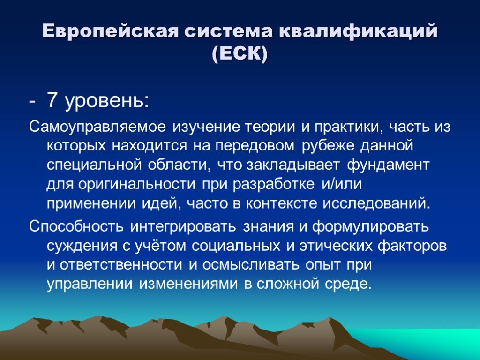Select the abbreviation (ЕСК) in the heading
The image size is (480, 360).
coord(240,54)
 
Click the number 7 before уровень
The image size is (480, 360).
coord(52,100)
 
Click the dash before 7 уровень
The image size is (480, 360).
coord(32,102)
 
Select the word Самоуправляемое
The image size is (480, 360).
coord(97,127)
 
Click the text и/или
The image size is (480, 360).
coord(341,184)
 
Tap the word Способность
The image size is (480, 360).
coord(76,226)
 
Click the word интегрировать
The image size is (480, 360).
coord(183,227)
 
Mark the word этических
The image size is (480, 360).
coord(336,246)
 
